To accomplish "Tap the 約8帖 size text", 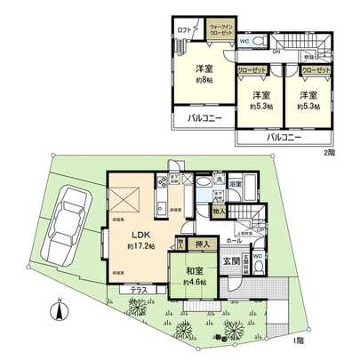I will [x=204, y=78].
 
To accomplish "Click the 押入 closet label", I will [x=202, y=244].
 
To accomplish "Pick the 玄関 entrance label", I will [x=230, y=261].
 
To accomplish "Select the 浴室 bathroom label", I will [x=236, y=185].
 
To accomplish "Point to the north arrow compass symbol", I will [x=60, y=311].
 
